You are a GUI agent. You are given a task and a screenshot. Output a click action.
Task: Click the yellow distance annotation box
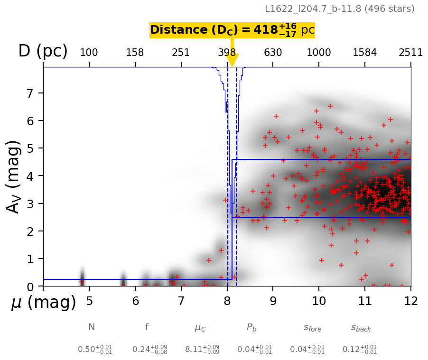pos(232,30)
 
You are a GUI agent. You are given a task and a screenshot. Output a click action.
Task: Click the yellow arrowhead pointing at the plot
pos(232,60)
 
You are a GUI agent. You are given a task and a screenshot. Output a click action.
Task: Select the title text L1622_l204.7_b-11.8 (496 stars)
pos(339,9)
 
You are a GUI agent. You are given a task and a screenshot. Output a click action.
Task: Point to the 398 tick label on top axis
pos(227,53)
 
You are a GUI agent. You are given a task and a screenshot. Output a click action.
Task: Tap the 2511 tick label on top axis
pos(410,53)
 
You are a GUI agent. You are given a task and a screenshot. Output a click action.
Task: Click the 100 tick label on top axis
pos(89,53)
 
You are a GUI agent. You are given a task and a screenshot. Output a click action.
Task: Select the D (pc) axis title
pos(43,51)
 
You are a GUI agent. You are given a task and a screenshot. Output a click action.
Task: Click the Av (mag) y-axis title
pos(14,176)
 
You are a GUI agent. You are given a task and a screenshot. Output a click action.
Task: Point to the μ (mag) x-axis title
pos(43,303)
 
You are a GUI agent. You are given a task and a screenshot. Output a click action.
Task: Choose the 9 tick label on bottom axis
pos(273,301)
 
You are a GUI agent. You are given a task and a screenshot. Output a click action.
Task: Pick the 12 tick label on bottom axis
pos(410,301)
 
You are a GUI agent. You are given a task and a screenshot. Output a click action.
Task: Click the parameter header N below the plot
pos(92,327)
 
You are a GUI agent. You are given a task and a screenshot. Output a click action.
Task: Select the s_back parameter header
pos(361,328)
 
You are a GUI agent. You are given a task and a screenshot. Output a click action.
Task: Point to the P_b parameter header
pos(251,328)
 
